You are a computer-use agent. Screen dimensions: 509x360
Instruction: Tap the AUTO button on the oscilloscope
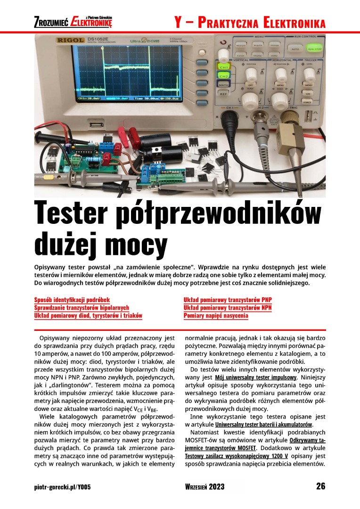click(x=295, y=49)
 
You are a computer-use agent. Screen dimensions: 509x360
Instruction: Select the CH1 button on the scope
click(x=223, y=67)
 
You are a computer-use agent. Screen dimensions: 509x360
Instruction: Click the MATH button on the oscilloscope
click(x=223, y=85)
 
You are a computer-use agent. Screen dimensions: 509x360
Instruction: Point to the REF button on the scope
click(x=223, y=94)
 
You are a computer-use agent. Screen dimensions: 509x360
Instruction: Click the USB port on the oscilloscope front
click(x=93, y=125)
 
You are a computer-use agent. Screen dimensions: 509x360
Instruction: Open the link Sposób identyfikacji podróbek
click(x=72, y=300)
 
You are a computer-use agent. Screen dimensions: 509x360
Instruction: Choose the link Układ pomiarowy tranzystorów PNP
click(x=228, y=300)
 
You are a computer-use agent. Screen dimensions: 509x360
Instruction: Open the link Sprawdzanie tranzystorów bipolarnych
click(x=82, y=308)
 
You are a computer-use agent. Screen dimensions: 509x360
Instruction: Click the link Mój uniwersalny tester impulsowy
click(x=255, y=378)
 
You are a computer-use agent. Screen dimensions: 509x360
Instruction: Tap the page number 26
click(x=320, y=486)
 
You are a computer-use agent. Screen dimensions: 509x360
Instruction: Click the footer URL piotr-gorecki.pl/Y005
click(x=62, y=487)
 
